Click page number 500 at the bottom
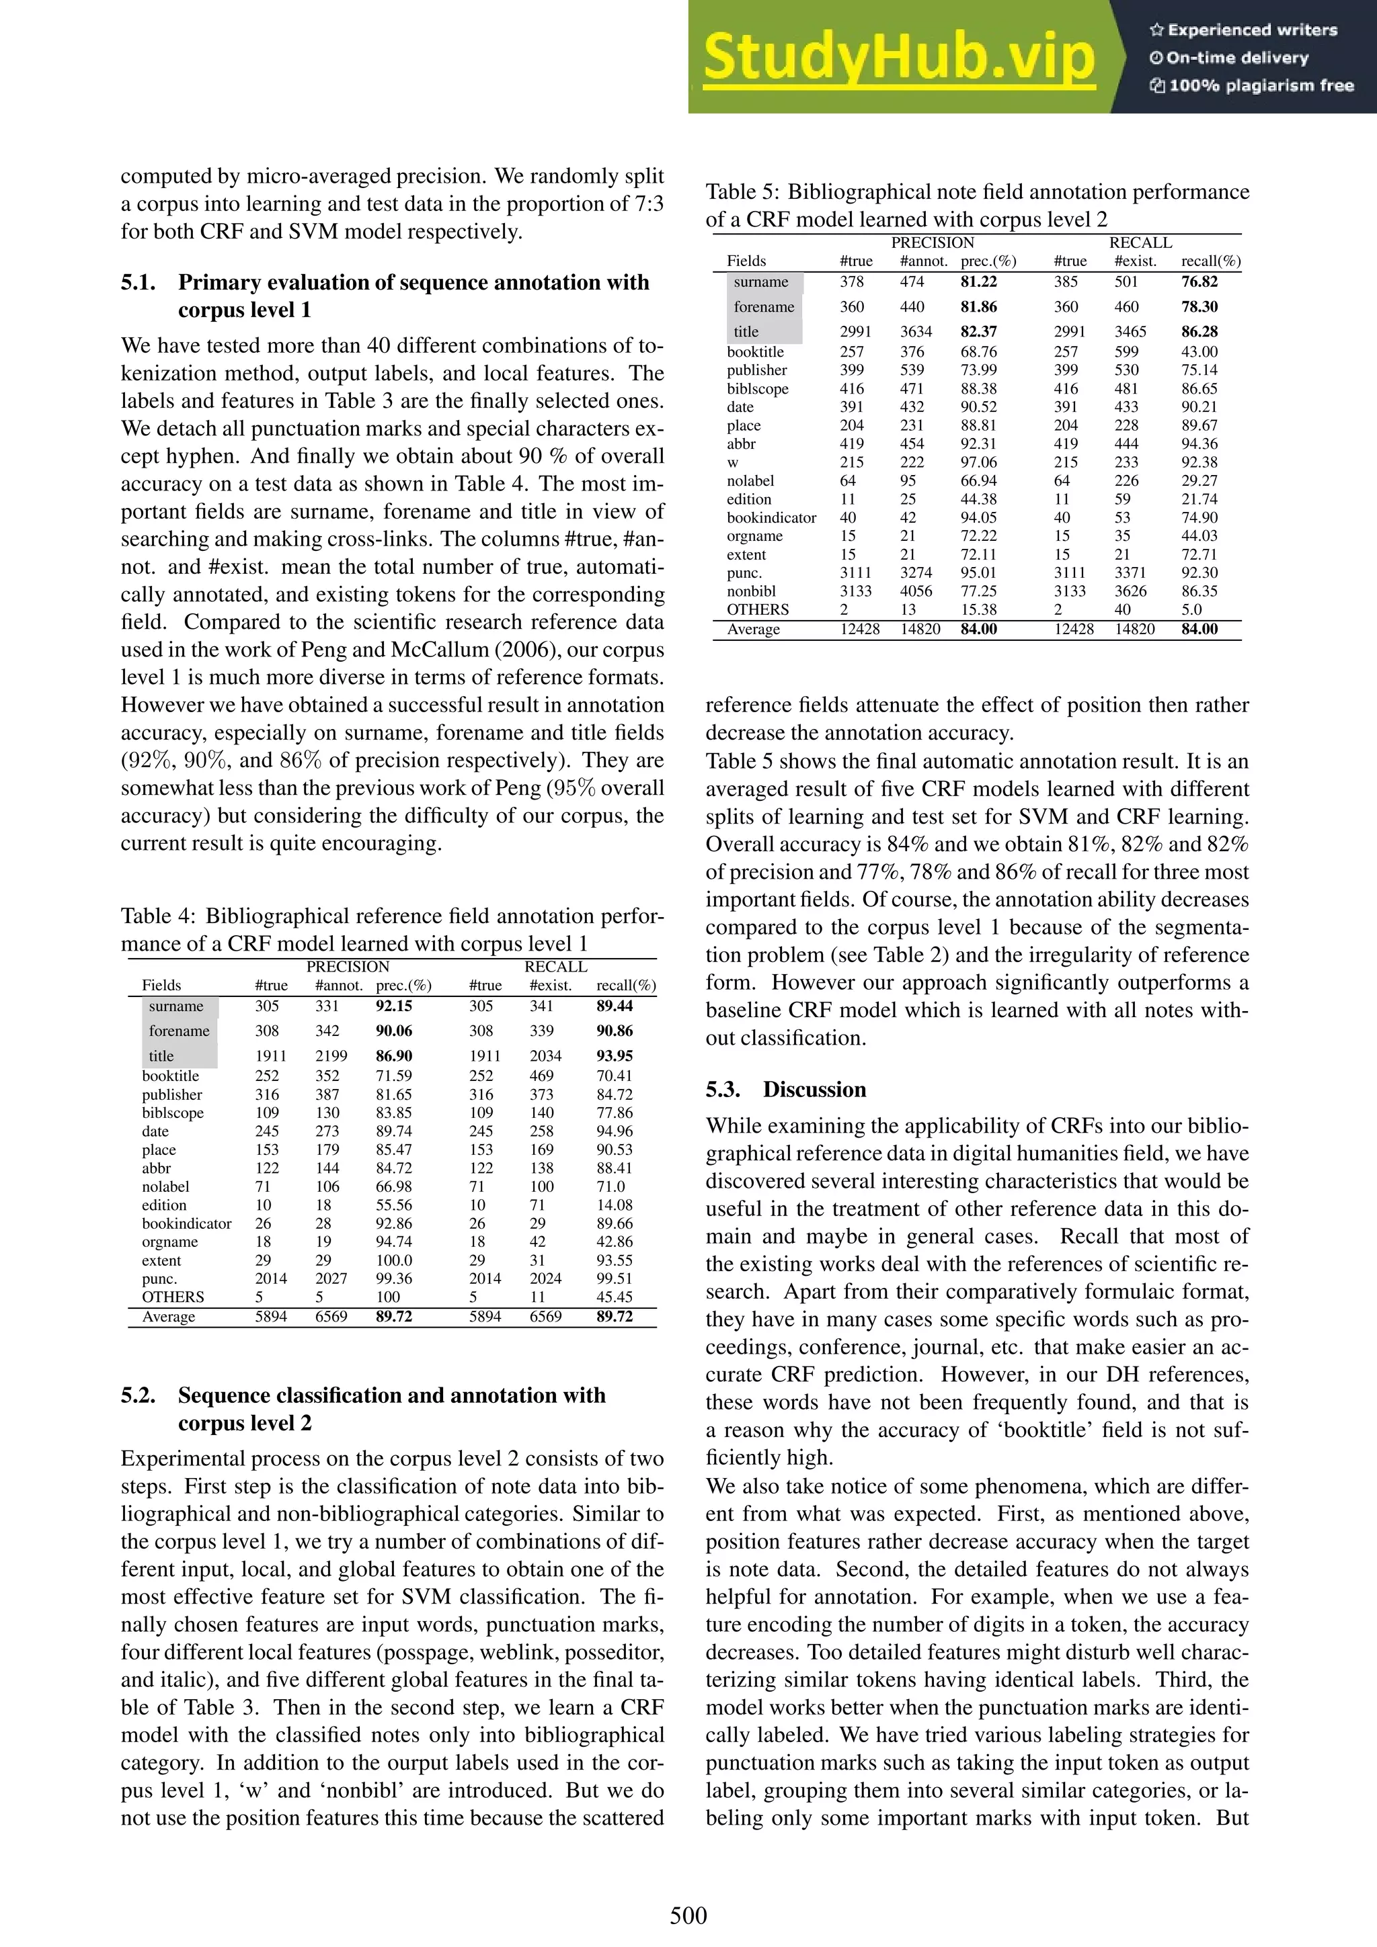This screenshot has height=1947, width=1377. click(688, 1915)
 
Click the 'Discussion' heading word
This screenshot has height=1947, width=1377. click(814, 1090)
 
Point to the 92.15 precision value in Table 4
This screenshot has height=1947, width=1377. click(394, 1006)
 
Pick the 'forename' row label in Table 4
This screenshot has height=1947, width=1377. click(178, 1031)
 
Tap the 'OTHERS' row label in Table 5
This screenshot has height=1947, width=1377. click(757, 610)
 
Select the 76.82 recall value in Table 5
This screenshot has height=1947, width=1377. click(1199, 282)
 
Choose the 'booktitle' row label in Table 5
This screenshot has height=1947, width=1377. click(755, 352)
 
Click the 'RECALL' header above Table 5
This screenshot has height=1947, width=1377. click(1140, 243)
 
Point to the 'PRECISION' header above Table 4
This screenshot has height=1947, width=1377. click(347, 967)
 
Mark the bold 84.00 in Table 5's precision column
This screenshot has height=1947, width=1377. click(978, 630)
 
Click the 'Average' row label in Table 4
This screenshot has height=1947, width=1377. click(168, 1317)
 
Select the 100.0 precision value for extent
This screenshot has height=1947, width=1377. click(394, 1261)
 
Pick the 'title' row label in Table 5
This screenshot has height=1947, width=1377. click(746, 332)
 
